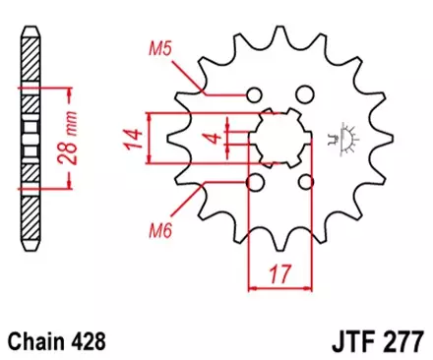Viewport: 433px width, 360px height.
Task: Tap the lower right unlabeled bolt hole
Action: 306,182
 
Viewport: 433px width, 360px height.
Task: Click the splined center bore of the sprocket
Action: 280,139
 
